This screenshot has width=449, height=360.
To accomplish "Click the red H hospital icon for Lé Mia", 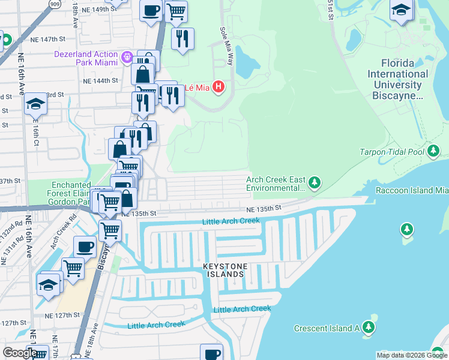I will (218, 88).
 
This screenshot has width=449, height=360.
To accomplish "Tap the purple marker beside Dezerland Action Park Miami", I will (127, 58).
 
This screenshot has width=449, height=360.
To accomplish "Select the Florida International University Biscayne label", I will (399, 79).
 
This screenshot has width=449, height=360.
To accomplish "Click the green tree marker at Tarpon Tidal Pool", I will (433, 151).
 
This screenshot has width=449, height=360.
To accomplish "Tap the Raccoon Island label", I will (412, 190).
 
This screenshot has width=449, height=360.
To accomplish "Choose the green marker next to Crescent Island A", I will (369, 328).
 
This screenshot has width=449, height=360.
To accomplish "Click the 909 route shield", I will (55, 3).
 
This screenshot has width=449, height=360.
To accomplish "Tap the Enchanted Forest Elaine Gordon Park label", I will (71, 194).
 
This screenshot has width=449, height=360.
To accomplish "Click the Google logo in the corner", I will (19, 353).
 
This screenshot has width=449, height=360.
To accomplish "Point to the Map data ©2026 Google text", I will (412, 355).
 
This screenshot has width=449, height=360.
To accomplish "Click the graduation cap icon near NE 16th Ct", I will (36, 105).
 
